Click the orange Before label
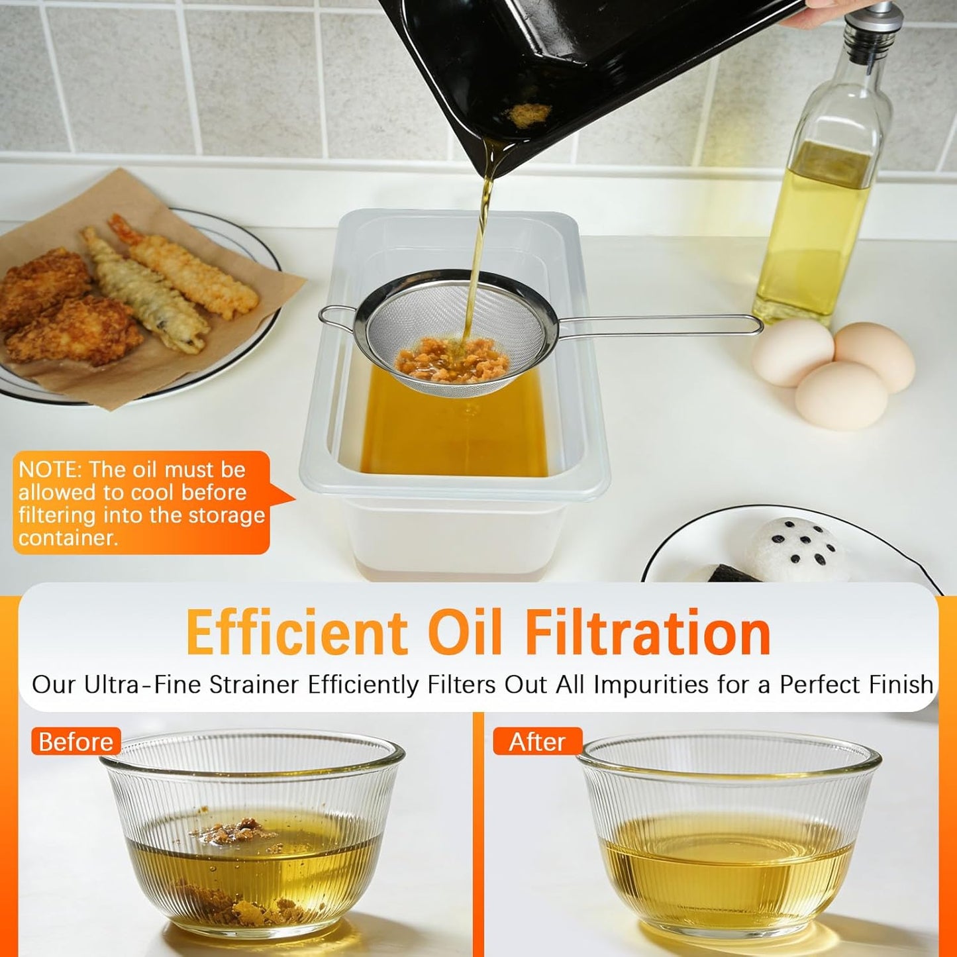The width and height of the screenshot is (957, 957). click(x=76, y=742)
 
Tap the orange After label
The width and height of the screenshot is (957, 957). click(x=537, y=742)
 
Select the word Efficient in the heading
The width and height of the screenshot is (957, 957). click(x=297, y=633)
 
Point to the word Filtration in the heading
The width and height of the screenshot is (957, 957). click(x=648, y=633)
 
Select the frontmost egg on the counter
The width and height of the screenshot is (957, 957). click(x=841, y=395)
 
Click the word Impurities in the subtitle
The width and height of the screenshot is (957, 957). click(x=652, y=684)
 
